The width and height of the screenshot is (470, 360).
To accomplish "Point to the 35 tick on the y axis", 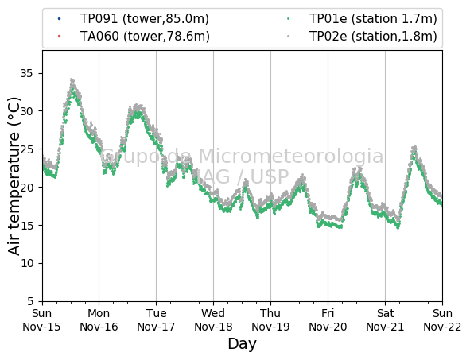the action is (x=26, y=73).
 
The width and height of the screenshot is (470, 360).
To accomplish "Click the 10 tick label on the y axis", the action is (x=26, y=263).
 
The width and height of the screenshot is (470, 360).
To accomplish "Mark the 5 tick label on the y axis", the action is (x=30, y=301).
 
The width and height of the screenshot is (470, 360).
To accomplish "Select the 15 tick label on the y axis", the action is (x=26, y=225).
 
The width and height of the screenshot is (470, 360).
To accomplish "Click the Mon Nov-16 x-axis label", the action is (x=99, y=319).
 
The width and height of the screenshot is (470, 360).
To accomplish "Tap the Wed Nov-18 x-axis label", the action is (x=213, y=319).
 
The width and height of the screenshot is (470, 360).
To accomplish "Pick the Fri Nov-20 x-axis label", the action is (x=328, y=319).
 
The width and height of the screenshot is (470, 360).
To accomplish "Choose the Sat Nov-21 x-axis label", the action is (x=385, y=319).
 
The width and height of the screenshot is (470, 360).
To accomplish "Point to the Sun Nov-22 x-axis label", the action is (x=442, y=319).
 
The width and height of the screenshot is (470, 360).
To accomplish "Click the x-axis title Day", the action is (x=243, y=344).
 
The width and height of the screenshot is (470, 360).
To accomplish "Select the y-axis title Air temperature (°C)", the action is (x=14, y=176).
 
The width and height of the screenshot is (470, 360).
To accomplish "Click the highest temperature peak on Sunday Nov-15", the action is (x=72, y=79).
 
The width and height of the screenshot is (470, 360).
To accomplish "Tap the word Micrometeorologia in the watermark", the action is (x=291, y=156).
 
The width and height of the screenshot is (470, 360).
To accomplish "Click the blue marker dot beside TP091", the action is (x=59, y=19).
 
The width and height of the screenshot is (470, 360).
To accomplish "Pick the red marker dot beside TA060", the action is (x=59, y=37).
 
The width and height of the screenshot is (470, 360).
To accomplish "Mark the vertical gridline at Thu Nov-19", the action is (x=270, y=176).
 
